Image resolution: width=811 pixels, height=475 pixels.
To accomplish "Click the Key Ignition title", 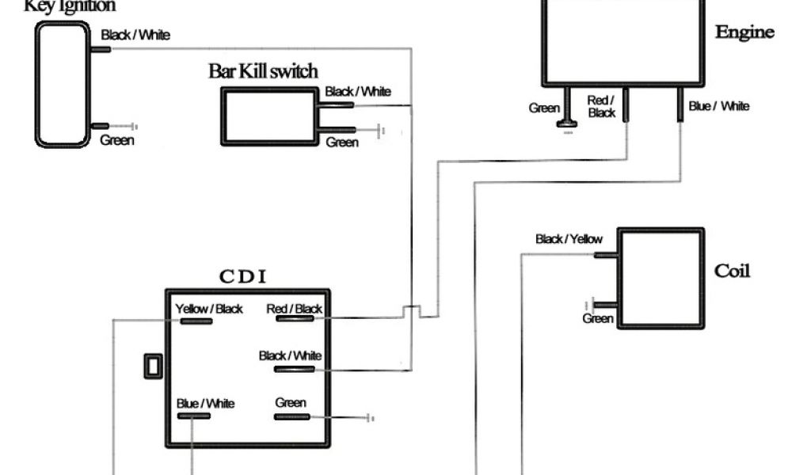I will (x=70, y=6).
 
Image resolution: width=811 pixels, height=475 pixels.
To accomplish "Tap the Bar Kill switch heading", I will (x=263, y=72).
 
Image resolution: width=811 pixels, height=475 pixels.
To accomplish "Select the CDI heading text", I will (x=242, y=276).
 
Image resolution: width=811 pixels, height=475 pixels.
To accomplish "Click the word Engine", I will (x=744, y=32).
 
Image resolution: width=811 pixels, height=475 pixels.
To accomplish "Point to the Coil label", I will (x=732, y=271).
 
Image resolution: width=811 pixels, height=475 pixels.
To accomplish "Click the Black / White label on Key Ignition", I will (x=135, y=36).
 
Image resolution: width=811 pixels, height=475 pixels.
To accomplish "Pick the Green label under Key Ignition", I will (x=117, y=141).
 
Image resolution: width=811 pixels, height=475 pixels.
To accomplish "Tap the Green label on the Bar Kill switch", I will (x=342, y=142).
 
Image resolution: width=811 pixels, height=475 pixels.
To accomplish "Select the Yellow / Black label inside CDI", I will (x=209, y=309).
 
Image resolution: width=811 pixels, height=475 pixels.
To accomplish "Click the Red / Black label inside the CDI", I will (x=295, y=309).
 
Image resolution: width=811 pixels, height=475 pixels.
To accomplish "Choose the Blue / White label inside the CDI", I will (x=206, y=404).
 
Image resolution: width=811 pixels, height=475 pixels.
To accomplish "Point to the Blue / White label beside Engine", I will (x=719, y=106).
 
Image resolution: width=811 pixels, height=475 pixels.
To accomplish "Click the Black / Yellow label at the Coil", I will (x=569, y=239).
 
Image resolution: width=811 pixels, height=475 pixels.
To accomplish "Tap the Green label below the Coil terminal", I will (x=598, y=318).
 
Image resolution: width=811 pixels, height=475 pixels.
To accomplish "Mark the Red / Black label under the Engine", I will (x=602, y=107).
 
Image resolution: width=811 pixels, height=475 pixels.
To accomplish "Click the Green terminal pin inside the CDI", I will (x=292, y=416).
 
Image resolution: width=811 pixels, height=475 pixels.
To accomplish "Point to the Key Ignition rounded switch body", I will (x=63, y=84).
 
